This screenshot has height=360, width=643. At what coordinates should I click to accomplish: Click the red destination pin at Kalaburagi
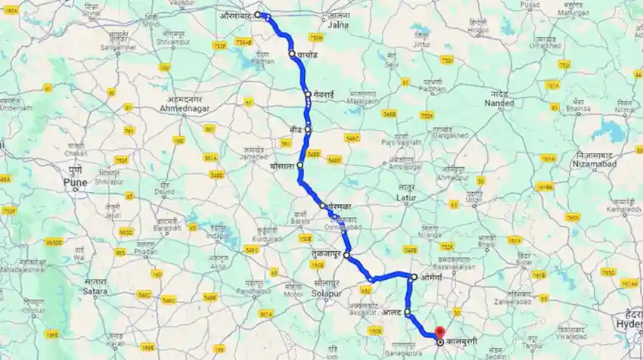point(440,334)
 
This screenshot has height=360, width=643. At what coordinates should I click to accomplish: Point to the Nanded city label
point(500,103)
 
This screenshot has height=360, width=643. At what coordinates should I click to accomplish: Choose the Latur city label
point(407,197)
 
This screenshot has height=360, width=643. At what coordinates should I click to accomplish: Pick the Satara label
point(97,290)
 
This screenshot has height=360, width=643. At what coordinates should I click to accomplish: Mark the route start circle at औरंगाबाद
point(258,14)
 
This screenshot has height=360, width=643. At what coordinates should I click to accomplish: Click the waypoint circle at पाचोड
point(291,54)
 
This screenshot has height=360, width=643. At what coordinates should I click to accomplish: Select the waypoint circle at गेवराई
point(308,94)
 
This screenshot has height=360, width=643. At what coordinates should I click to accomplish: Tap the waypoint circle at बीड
point(308,130)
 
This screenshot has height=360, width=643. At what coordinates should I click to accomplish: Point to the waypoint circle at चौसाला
point(300,165)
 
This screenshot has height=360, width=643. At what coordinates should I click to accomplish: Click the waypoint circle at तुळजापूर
point(346,256)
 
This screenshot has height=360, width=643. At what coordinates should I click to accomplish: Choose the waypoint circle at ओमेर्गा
point(414,277)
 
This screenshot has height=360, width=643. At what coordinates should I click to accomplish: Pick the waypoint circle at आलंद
point(407,312)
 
